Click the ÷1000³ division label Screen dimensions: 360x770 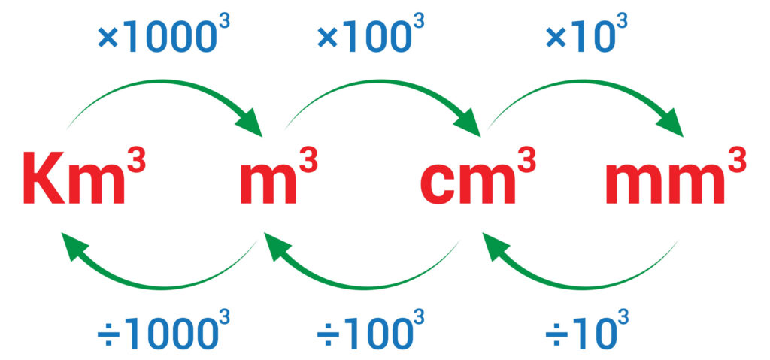point(157,330)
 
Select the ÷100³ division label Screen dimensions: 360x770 point(368,330)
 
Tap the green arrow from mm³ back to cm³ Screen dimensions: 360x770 point(579,275)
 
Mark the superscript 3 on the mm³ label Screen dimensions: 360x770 point(736,161)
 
